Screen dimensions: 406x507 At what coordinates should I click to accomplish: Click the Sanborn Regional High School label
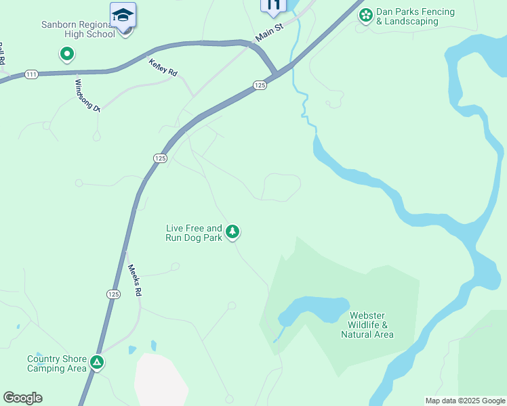(x=78, y=29)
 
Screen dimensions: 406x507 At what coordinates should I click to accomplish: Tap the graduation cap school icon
(x=123, y=15)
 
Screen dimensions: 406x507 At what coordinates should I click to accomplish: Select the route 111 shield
(x=31, y=74)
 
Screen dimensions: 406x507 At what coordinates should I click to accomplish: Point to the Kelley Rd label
(x=163, y=68)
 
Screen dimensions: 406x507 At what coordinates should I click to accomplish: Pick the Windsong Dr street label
(x=87, y=95)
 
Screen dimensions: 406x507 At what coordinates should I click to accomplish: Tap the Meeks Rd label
(x=135, y=280)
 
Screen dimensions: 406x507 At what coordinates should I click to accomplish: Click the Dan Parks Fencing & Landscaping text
(x=415, y=17)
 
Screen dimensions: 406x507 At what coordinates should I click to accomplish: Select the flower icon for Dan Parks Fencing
(x=366, y=15)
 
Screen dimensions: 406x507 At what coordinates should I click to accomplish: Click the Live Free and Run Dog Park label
(x=194, y=233)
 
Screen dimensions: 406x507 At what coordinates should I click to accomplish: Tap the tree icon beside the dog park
(x=232, y=232)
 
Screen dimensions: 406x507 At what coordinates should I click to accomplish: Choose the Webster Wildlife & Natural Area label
(x=367, y=325)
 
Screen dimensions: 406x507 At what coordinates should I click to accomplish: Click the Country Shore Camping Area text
(x=57, y=363)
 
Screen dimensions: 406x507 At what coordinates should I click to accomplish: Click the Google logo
(x=22, y=398)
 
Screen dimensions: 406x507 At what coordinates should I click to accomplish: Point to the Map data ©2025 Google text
(x=464, y=401)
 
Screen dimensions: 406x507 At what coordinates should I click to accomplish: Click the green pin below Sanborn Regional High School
(x=66, y=53)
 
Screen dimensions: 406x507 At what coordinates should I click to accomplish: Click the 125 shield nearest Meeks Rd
(x=113, y=294)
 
